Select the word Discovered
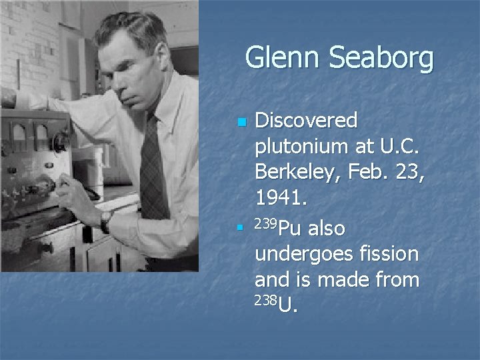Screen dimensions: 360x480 click(x=307, y=121)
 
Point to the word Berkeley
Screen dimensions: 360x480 click(x=298, y=171)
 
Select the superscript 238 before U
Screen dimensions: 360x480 click(x=265, y=299)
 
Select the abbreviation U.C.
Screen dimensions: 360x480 click(x=401, y=146)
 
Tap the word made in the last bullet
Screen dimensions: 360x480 click(x=344, y=279)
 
